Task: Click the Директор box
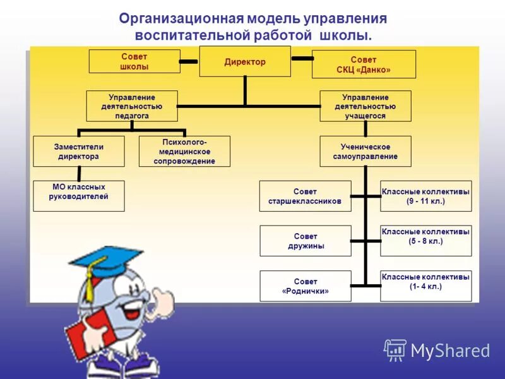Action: [x=245, y=61]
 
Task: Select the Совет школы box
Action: [x=134, y=61]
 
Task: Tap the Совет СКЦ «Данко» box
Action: [x=364, y=64]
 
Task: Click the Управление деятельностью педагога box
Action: [x=132, y=106]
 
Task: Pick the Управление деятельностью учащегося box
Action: [x=365, y=106]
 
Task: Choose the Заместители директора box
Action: [x=78, y=151]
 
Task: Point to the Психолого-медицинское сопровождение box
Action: [x=184, y=151]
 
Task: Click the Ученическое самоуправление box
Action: [x=365, y=151]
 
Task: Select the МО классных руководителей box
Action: [x=78, y=196]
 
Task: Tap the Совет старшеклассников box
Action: [x=305, y=196]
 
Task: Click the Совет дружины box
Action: [x=305, y=241]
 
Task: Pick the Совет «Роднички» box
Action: [x=305, y=286]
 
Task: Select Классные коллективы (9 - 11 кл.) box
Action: [x=425, y=196]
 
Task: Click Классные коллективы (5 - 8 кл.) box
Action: [x=425, y=241]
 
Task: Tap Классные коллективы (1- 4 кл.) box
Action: [x=425, y=286]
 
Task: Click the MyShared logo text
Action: [x=450, y=351]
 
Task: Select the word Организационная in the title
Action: [x=174, y=18]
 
